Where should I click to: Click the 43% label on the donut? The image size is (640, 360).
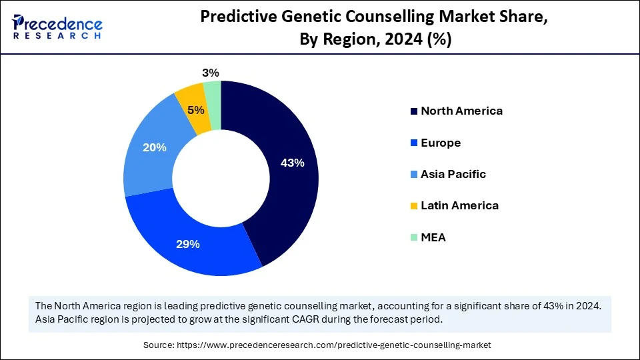pos(293,163)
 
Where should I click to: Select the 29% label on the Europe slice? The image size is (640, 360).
pos(188,244)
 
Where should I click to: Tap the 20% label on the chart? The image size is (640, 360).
pos(154,147)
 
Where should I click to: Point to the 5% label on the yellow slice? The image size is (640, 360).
pos(196,111)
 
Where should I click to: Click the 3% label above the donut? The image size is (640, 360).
pos(211,73)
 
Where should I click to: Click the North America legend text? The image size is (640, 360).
pos(461,111)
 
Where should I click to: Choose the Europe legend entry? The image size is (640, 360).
pos(440,143)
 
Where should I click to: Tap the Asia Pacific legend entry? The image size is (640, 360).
pos(453,174)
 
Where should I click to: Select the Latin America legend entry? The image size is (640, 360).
pos(459,205)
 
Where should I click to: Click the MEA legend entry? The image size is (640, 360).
pos(433,237)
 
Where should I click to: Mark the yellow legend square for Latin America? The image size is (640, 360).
pos(413,206)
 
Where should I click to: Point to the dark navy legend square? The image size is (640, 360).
pos(413,111)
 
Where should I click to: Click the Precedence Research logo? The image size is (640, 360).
pos(57,27)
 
